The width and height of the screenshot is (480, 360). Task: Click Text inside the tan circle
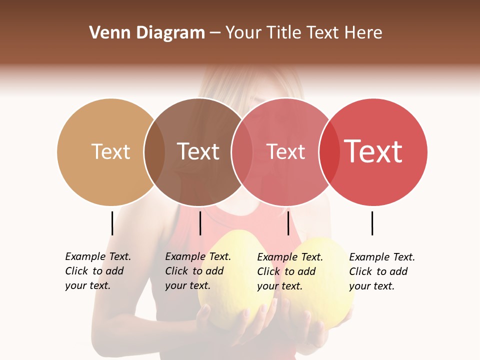pos(110,151)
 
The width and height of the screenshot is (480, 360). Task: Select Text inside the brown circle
pos(198,151)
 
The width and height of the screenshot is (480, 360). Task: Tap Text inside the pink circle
pos(285,151)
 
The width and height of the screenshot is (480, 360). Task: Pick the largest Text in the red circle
pos(373,151)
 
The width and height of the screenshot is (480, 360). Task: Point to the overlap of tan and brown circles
pos(154,152)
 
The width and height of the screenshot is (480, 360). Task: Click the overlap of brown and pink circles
pos(241,152)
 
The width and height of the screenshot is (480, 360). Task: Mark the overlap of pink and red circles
pos(329,152)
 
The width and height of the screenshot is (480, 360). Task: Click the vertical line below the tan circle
pos(112,223)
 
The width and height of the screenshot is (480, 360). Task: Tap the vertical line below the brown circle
pos(200,223)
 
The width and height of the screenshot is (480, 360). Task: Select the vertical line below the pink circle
pos(288,223)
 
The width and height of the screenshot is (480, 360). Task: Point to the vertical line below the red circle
pos(372,223)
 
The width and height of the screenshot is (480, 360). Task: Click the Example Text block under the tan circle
pos(98,271)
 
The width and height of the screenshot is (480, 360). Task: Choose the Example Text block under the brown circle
pos(198,271)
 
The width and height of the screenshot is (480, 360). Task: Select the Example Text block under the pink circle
pos(290,271)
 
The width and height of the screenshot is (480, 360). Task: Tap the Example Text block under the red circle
pos(382,271)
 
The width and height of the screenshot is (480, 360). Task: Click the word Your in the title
pos(243,33)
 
